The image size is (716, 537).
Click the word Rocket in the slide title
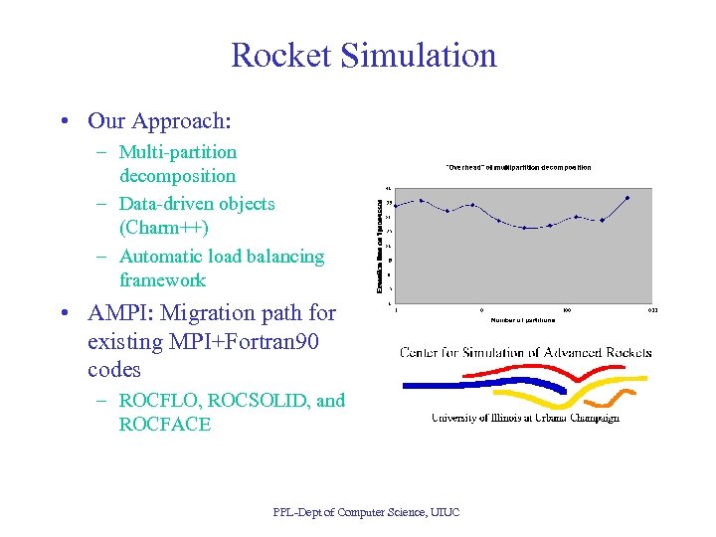pos(279,55)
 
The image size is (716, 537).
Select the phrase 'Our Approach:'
pos(159,121)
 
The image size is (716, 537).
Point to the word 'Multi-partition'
pos(178,152)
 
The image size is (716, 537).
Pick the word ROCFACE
pos(165,425)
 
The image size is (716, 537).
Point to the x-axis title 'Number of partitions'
pos(523,319)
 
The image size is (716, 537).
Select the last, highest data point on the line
pos(627,198)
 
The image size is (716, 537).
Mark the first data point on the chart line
pos(397,205)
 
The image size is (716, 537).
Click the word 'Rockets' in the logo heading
pos(623,352)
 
